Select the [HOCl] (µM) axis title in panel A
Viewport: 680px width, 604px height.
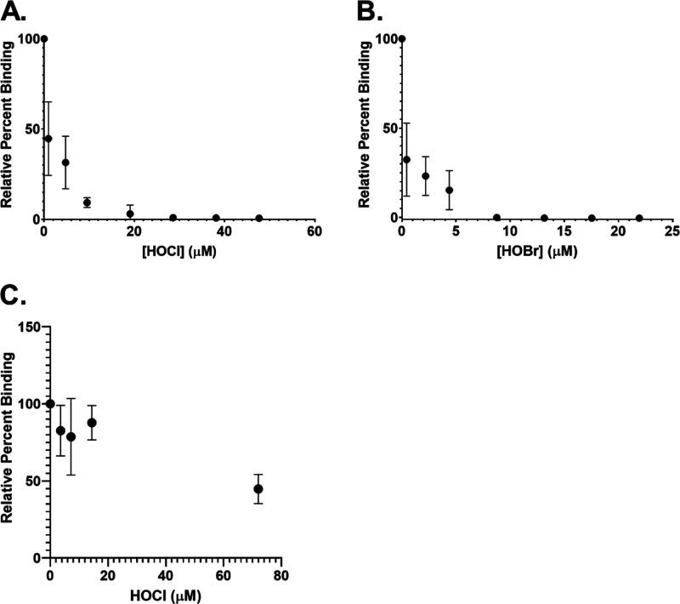tap(179, 253)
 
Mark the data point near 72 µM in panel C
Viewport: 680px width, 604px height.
tap(258, 489)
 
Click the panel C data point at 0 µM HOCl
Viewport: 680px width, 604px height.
tap(50, 403)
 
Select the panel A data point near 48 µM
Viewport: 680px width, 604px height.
tap(259, 218)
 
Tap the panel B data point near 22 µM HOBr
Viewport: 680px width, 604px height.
tap(639, 218)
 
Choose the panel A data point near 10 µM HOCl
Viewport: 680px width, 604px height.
tap(87, 202)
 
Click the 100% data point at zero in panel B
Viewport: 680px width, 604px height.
tap(402, 38)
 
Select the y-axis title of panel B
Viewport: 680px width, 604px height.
tap(365, 128)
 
